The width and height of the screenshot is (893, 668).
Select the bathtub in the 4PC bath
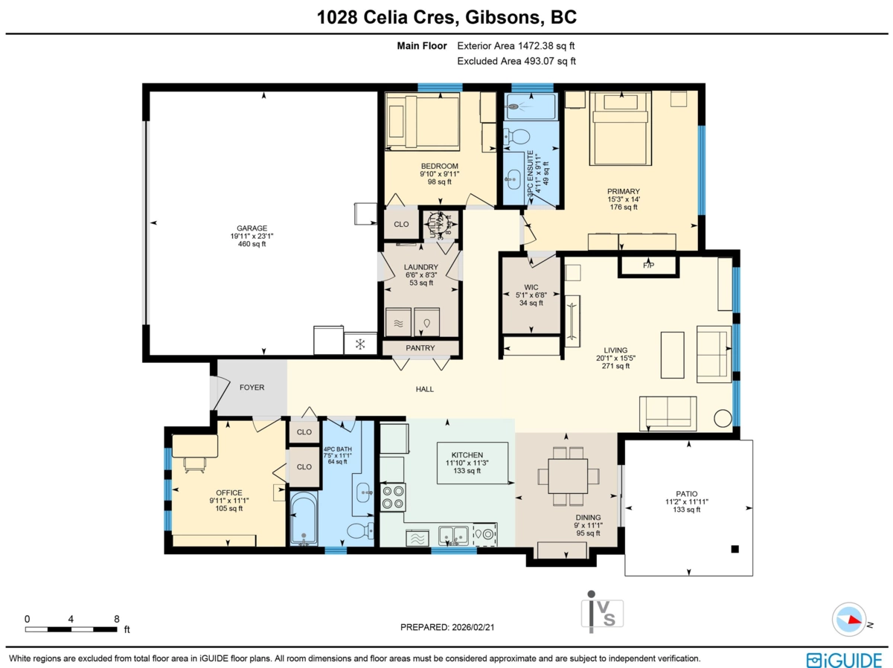click(304, 518)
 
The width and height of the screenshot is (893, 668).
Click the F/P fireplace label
click(648, 266)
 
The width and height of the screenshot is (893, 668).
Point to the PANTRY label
click(420, 348)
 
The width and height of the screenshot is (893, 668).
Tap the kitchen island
click(473, 463)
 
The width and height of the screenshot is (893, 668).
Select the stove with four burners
click(393, 496)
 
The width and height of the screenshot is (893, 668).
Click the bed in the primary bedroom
click(620, 128)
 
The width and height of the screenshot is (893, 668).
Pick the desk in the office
click(195, 446)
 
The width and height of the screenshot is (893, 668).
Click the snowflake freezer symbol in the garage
click(360, 344)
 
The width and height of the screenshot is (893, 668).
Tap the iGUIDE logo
click(844, 660)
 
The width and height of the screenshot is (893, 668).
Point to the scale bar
click(71, 629)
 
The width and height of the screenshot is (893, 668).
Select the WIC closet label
click(531, 286)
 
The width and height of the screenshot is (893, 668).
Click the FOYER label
click(252, 388)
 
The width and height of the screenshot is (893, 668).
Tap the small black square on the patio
click(734, 549)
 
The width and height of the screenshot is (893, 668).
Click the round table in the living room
click(722, 418)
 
